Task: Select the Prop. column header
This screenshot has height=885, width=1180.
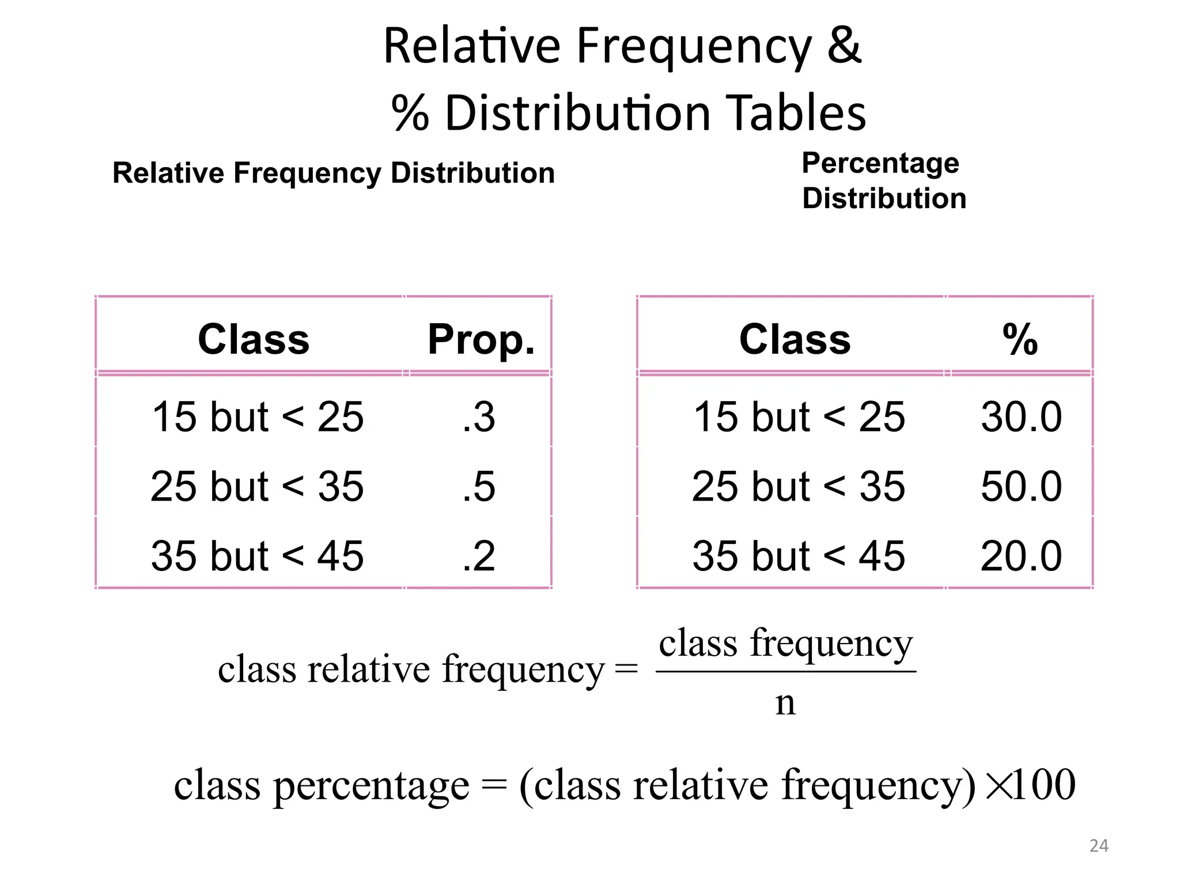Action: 481,339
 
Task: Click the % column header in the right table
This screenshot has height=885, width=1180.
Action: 1020,339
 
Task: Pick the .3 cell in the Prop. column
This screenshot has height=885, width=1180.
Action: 479,417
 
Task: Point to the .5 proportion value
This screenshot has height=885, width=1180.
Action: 479,486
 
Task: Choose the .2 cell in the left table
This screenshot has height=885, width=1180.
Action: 479,556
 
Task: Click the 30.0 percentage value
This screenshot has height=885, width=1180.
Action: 1022,417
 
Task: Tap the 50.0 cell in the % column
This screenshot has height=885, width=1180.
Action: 1022,486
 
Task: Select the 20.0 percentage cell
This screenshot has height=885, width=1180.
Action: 1022,556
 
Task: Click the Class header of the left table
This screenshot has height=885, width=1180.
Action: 254,339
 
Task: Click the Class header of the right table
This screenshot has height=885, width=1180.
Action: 795,339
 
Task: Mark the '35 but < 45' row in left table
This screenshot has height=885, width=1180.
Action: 258,556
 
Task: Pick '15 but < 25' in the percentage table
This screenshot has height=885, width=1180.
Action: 799,417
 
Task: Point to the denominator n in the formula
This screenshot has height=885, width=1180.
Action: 785,703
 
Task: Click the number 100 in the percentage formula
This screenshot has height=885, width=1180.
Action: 1044,784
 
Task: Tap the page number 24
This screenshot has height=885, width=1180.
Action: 1099,846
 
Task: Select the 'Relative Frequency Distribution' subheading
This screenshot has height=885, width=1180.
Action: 334,173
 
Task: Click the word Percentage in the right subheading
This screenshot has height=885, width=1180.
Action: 880,162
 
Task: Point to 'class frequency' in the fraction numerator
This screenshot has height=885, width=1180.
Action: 786,644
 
